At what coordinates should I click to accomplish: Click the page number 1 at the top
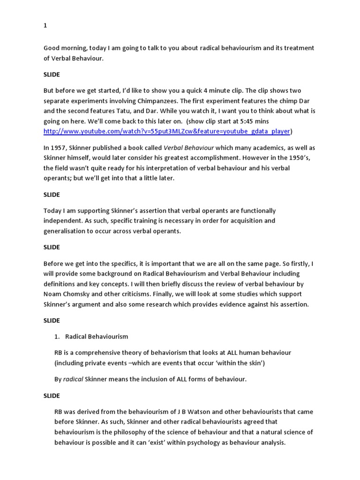[x=45, y=26]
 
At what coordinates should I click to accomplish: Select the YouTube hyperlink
[x=166, y=131]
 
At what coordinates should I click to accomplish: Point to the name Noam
[x=53, y=284]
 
